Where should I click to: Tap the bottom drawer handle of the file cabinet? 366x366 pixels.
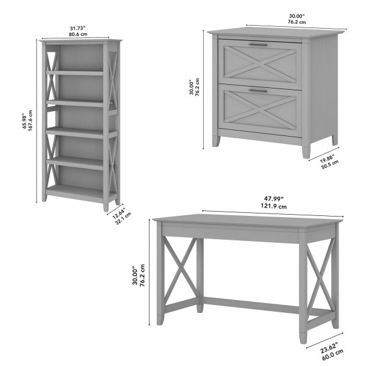[257, 90]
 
